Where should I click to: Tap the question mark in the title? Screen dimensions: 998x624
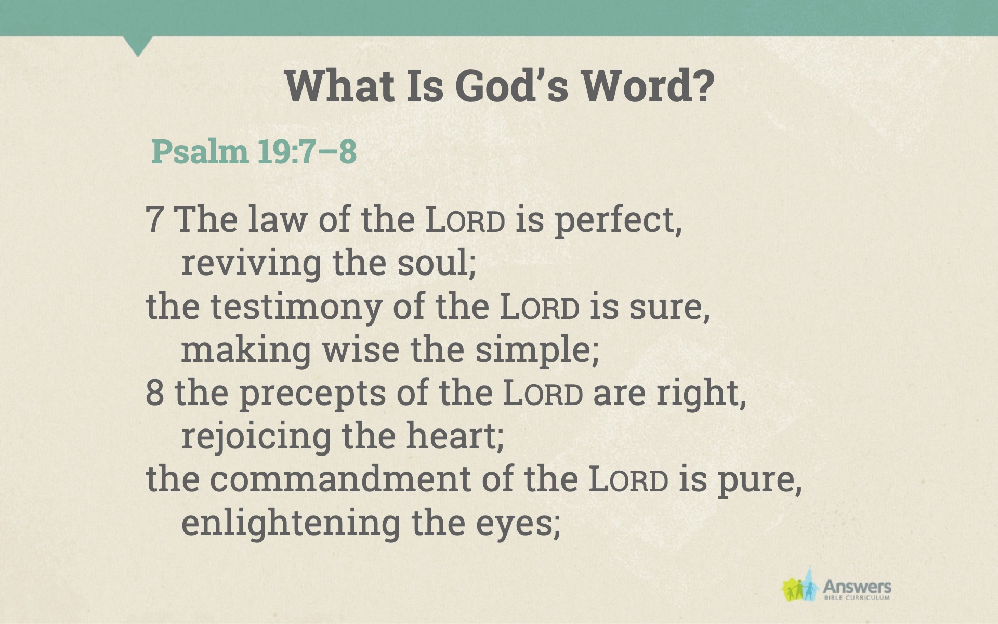click(704, 86)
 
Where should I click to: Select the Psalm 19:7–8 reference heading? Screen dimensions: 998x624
click(254, 151)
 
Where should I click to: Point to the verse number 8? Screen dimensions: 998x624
click(155, 393)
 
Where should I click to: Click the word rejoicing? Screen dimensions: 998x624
click(256, 437)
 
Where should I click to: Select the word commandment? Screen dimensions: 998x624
click(340, 479)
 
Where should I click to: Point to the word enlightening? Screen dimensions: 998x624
click(291, 524)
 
